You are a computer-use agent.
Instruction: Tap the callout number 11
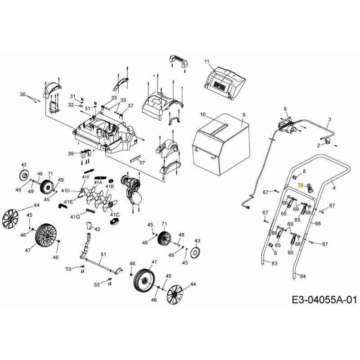[x=207, y=61]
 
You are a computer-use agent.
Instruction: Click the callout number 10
[x=202, y=115]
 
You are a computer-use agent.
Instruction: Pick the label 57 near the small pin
[x=142, y=162]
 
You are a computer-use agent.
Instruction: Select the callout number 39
[x=71, y=154]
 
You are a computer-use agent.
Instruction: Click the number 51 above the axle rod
[x=103, y=255]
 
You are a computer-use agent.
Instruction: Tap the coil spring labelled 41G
[x=91, y=211]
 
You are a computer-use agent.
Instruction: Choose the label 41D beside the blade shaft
[x=66, y=191]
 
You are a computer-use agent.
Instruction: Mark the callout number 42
[x=97, y=229]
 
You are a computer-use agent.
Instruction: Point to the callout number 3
[x=329, y=119]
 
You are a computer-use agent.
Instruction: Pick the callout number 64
[x=303, y=276]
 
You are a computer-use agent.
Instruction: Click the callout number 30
[x=23, y=94]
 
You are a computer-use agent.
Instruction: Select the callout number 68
[x=318, y=223]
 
